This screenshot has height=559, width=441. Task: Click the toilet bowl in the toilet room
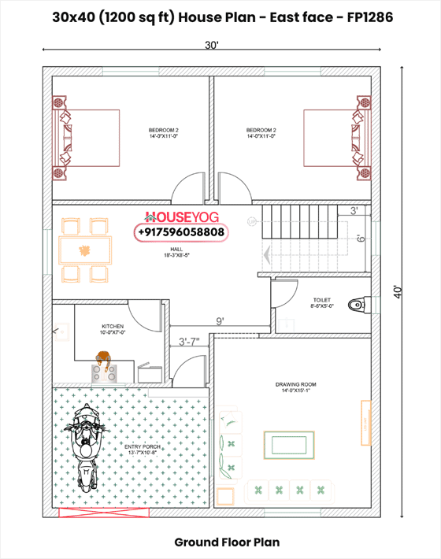coord(358,304)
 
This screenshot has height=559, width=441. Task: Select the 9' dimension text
coord(220,320)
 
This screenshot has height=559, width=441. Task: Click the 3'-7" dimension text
coord(189,342)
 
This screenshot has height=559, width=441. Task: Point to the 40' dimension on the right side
coord(402,291)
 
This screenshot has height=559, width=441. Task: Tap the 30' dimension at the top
coord(211,46)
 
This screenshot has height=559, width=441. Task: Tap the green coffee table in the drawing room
coord(288,444)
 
